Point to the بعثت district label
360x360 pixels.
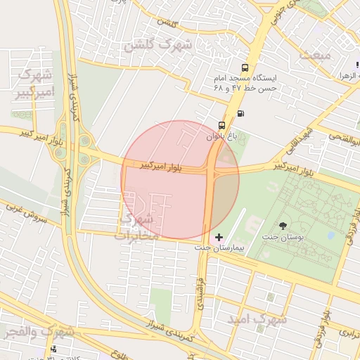pos(314,54)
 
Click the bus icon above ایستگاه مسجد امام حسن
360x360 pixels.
pos(244,68)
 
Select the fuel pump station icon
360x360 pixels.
pos(241,112)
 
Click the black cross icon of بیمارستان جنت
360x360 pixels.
pos(219,237)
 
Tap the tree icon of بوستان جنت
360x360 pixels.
pos(283,226)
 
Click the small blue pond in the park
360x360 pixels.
pos(331,236)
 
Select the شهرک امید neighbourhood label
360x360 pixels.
pos(257,319)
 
